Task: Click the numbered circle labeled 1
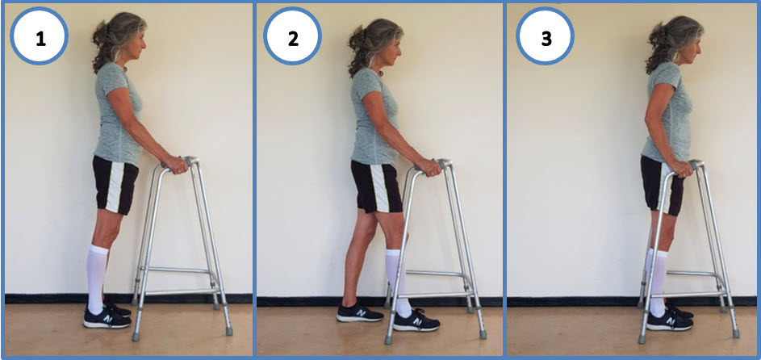coord(40,36)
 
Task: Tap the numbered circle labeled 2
coord(292,36)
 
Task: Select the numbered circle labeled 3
coord(546,36)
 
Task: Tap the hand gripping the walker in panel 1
coord(175,165)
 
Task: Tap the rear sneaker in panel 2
coord(359,314)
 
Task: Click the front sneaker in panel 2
coord(416,321)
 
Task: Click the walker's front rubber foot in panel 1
coord(228,331)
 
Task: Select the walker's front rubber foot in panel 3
coord(736,333)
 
